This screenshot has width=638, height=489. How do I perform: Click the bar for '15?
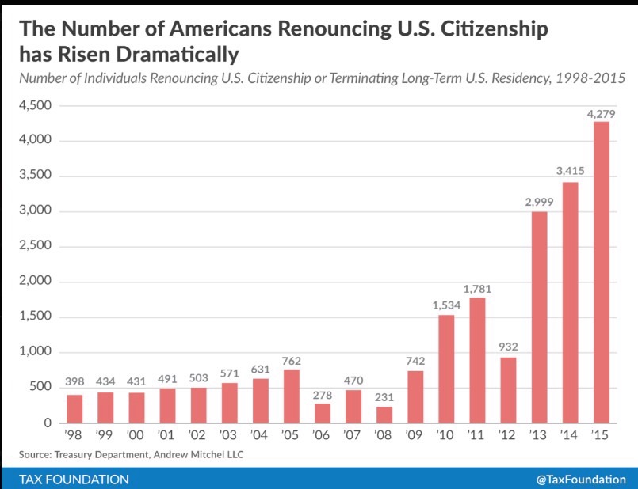pyautogui.click(x=601, y=272)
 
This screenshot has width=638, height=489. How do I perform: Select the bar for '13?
pyautogui.click(x=539, y=317)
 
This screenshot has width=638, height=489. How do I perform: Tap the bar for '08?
pyautogui.click(x=384, y=415)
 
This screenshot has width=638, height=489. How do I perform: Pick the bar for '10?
pyautogui.click(x=446, y=369)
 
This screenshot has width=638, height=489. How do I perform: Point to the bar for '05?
pyautogui.click(x=292, y=396)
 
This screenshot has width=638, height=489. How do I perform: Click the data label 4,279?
pyautogui.click(x=601, y=114)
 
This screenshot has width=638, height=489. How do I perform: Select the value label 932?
pyautogui.click(x=508, y=347)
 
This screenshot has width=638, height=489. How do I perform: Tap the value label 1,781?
pyautogui.click(x=477, y=289)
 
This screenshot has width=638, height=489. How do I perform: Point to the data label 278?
pyautogui.click(x=323, y=395)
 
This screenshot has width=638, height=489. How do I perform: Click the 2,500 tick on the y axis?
pyautogui.click(x=36, y=245)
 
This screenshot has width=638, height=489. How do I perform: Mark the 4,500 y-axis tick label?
pyautogui.click(x=36, y=105)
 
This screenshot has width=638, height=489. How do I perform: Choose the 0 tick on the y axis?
pyautogui.click(x=48, y=423)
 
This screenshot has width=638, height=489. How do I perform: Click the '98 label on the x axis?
pyautogui.click(x=73, y=435)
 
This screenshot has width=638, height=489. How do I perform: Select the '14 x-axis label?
pyautogui.click(x=569, y=435)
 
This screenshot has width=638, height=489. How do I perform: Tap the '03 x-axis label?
pyautogui.click(x=228, y=435)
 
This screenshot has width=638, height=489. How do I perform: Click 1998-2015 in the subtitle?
pyautogui.click(x=590, y=78)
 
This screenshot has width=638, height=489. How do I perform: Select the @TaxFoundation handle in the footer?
pyautogui.click(x=581, y=480)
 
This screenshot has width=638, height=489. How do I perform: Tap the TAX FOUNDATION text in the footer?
pyautogui.click(x=74, y=480)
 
